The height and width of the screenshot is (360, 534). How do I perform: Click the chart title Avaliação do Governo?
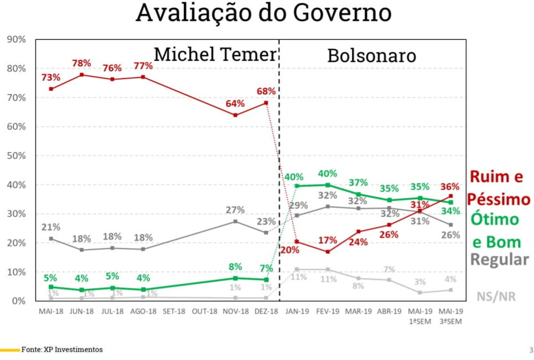point(263,13)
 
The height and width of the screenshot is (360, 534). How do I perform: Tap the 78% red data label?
point(81,63)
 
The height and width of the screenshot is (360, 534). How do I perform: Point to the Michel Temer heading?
point(215,54)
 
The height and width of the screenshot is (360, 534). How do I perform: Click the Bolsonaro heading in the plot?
point(371,56)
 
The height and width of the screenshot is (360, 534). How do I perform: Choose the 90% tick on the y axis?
point(15,39)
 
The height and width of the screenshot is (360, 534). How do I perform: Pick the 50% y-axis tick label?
point(15,156)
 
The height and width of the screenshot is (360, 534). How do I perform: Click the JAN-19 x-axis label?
point(298,311)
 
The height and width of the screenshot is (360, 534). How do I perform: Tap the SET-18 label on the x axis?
point(174,311)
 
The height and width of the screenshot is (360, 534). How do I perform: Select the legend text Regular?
point(500,259)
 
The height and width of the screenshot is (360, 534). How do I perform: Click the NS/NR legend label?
point(496,296)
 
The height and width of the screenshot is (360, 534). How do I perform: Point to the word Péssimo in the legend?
point(499,199)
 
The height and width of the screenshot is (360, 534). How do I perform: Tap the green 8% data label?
point(235,267)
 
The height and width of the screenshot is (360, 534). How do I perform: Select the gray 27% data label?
point(236,210)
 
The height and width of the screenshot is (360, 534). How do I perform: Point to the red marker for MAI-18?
point(51,88)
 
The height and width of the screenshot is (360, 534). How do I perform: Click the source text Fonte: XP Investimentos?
point(62,349)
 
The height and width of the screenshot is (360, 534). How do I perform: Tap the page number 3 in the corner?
point(531,349)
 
